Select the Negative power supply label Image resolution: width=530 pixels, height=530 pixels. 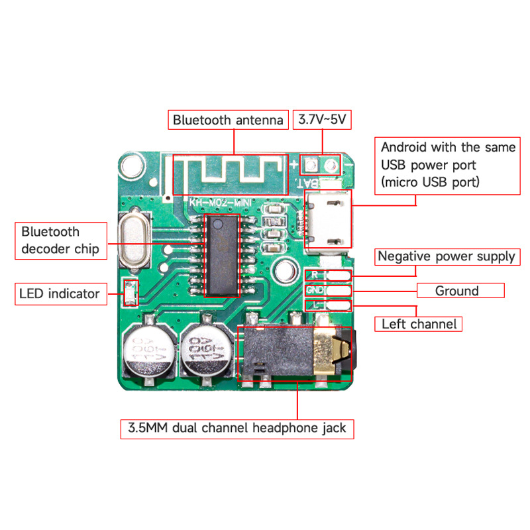point(446,256)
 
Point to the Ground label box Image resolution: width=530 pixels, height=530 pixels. point(456,291)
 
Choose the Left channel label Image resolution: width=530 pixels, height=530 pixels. point(419,324)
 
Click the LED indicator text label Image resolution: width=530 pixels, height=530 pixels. point(60,293)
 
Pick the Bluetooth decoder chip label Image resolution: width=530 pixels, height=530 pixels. point(60,240)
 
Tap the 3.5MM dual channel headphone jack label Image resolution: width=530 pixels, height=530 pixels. point(237,428)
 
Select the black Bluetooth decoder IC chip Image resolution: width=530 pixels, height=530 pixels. point(223,254)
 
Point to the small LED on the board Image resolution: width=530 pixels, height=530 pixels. point(131,291)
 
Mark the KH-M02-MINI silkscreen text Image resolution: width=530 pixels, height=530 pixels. point(213,203)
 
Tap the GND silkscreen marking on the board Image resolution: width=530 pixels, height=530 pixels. point(314,290)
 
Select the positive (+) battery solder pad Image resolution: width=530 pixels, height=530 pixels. point(309,163)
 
